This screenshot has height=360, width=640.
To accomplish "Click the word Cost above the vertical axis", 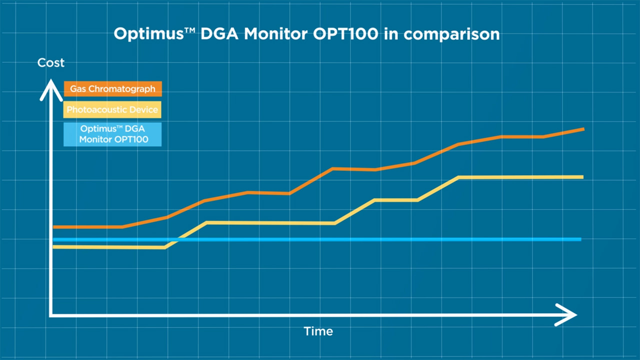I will (51, 63).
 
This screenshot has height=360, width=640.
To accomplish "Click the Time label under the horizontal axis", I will (318, 331).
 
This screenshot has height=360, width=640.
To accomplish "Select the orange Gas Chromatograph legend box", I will (113, 89).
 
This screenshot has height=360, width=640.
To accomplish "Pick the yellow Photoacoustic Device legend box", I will (112, 109).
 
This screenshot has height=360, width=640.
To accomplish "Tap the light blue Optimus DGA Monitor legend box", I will (113, 134).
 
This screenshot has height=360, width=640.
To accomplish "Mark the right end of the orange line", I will (582, 129).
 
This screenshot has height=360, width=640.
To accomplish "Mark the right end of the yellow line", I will (582, 177).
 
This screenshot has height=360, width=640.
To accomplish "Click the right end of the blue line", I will (580, 239).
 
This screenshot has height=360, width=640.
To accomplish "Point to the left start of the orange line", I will (54, 227).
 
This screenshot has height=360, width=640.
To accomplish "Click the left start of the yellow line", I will (54, 246).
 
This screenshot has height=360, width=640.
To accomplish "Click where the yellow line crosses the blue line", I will (179, 239).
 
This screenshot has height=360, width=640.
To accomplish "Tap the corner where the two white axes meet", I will (50, 315).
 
